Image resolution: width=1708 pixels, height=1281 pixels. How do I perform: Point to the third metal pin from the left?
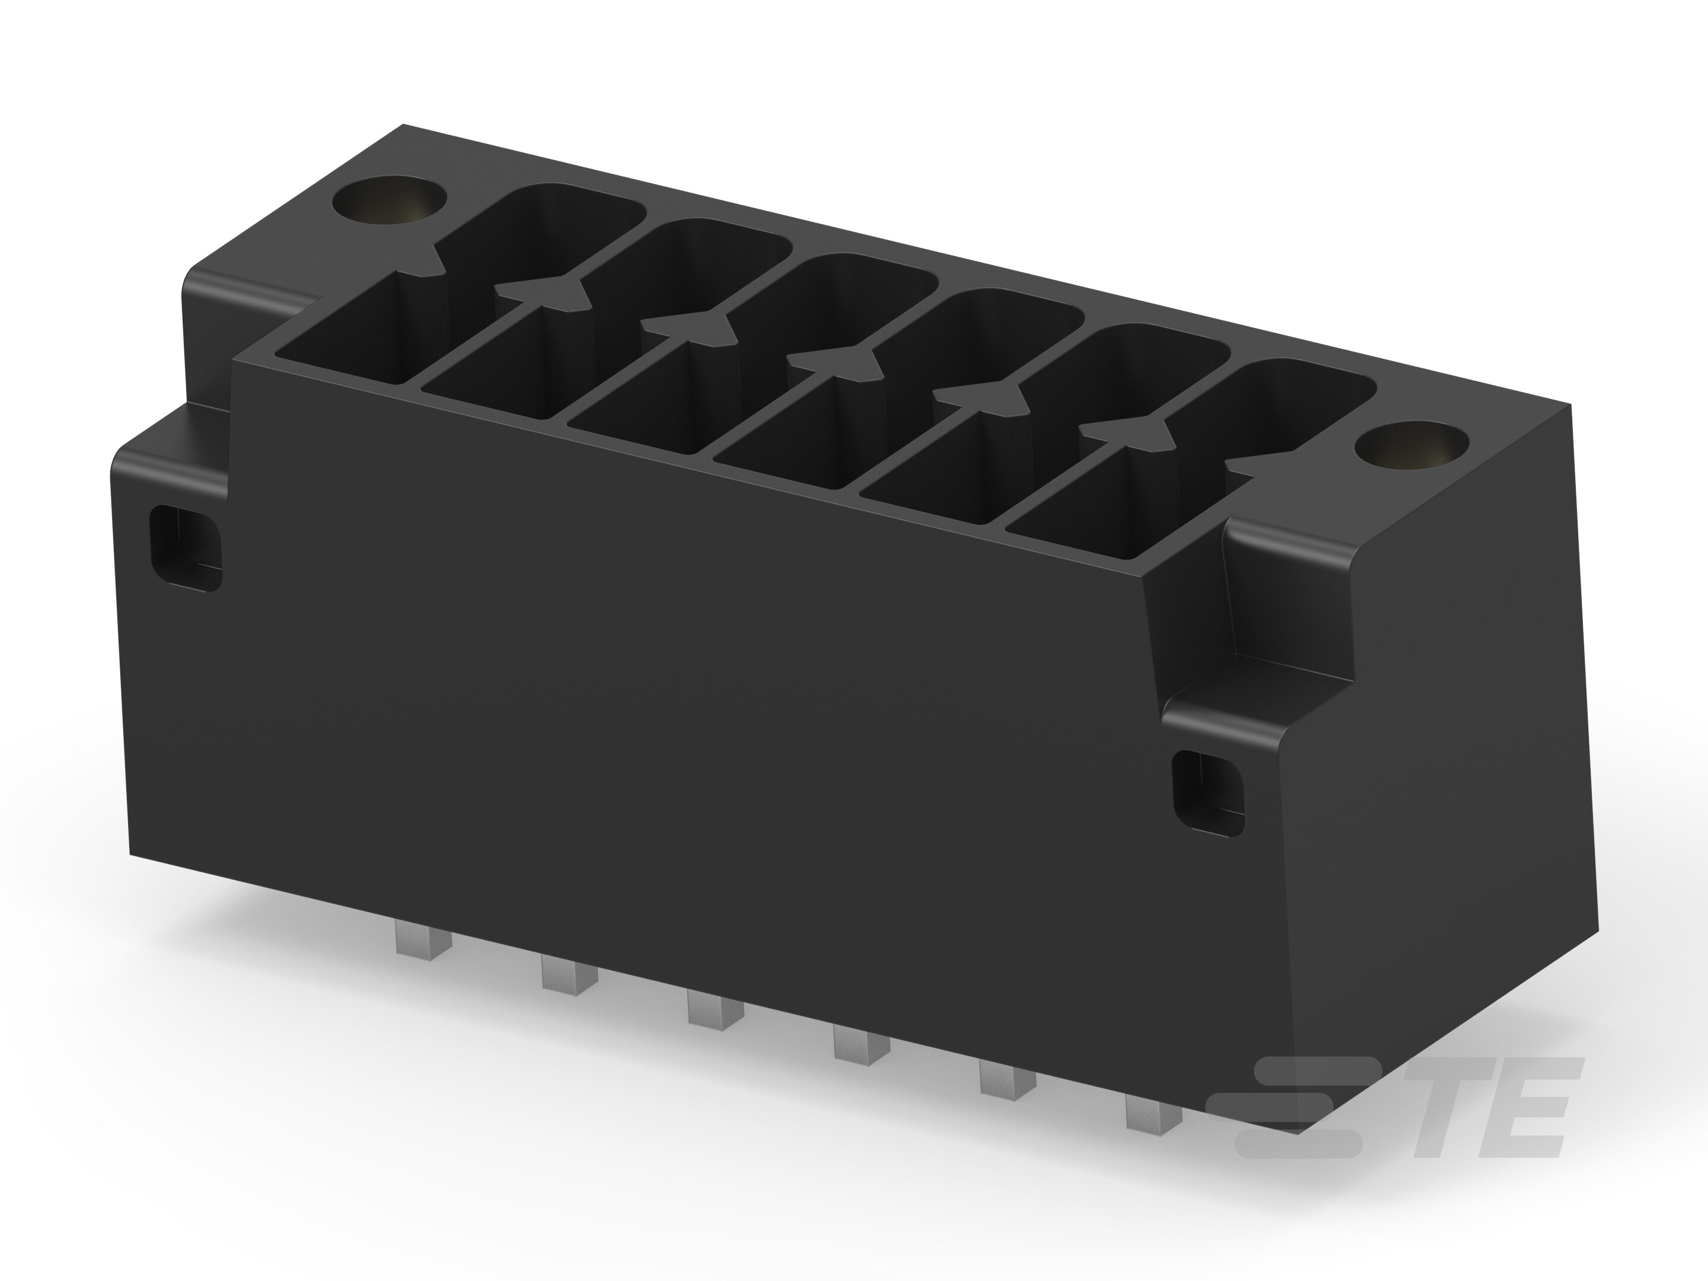tap(705, 1007)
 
